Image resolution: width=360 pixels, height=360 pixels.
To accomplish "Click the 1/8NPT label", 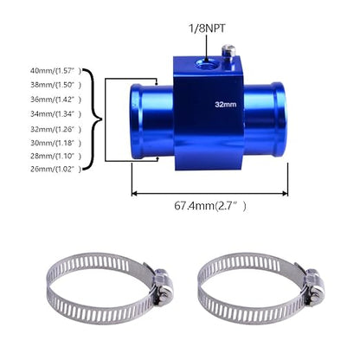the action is coord(207,29).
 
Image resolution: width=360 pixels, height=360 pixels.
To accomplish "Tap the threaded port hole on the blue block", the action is coord(206,63).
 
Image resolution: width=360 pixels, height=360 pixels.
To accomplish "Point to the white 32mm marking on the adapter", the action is coord(226,105).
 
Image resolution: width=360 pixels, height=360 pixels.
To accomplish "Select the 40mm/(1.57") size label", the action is coord(56,71).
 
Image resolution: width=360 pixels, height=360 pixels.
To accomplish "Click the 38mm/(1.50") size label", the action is coord(56,85).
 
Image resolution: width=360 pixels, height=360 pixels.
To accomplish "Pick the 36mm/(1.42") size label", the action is coord(56,100).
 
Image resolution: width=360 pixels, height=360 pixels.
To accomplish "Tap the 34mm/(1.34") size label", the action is coord(56,114).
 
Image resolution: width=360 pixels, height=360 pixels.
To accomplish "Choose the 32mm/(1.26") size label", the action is coord(56,129).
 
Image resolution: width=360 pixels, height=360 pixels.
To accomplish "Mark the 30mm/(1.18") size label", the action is coord(56,143).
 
